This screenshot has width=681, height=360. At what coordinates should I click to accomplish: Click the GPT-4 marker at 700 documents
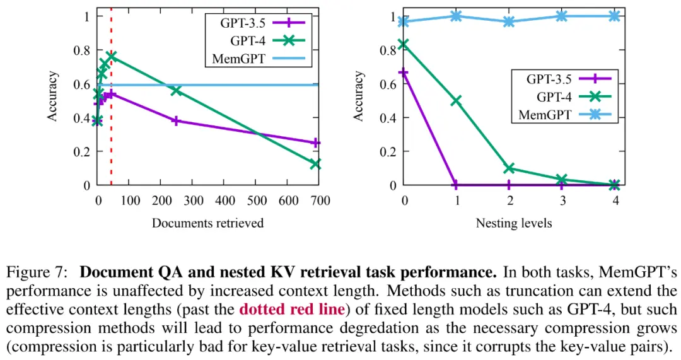(315, 164)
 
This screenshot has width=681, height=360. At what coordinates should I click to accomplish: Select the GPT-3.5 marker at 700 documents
(315, 143)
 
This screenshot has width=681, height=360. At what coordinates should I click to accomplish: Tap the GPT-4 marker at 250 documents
(176, 90)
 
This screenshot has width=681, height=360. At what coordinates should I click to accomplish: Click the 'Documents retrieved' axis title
(207, 223)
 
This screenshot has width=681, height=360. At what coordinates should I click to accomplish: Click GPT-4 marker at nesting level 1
(456, 100)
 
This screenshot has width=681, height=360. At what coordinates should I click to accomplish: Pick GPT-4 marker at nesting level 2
(509, 168)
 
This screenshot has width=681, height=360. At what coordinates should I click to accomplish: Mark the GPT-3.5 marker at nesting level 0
(404, 73)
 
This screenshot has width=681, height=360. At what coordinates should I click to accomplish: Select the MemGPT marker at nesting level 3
(562, 16)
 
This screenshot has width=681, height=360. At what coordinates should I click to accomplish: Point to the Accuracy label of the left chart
(54, 97)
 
